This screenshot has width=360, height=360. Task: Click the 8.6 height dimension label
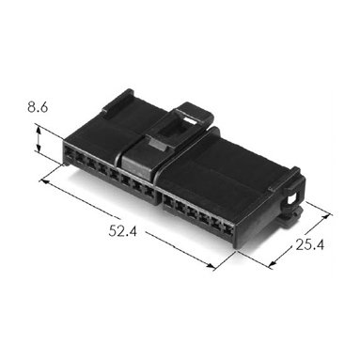click(x=38, y=107)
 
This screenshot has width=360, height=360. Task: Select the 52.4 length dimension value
click(x=123, y=231)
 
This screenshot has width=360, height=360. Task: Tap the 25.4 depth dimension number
click(x=309, y=244)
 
